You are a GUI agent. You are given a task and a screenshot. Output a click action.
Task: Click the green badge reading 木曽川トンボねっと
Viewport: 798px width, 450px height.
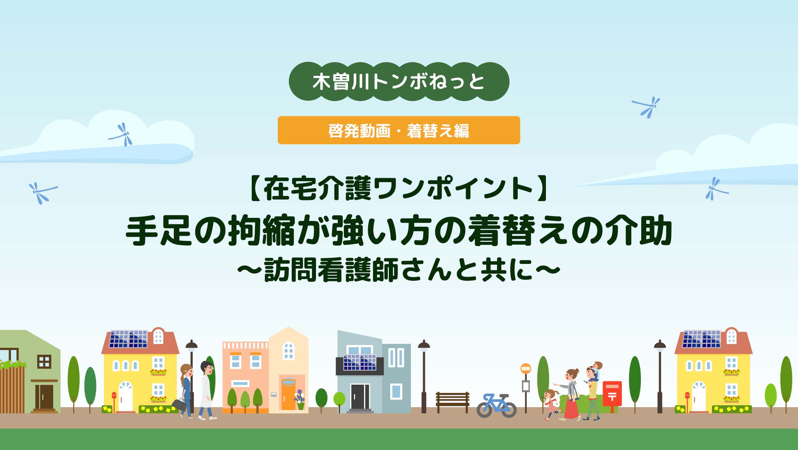[399, 81]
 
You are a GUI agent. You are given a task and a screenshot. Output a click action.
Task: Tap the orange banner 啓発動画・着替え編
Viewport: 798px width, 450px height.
[399, 130]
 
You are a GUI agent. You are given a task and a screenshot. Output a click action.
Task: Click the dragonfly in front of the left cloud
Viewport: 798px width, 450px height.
[121, 135]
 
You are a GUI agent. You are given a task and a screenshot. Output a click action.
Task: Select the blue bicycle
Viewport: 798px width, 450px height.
[497, 405]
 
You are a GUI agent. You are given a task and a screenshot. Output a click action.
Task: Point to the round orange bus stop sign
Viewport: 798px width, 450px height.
[526, 369]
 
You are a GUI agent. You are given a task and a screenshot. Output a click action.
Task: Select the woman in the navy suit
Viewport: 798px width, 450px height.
[186, 391]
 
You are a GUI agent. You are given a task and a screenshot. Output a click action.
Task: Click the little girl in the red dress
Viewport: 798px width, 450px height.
[551, 405]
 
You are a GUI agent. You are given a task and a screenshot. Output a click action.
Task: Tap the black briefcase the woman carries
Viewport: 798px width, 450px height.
[179, 404]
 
